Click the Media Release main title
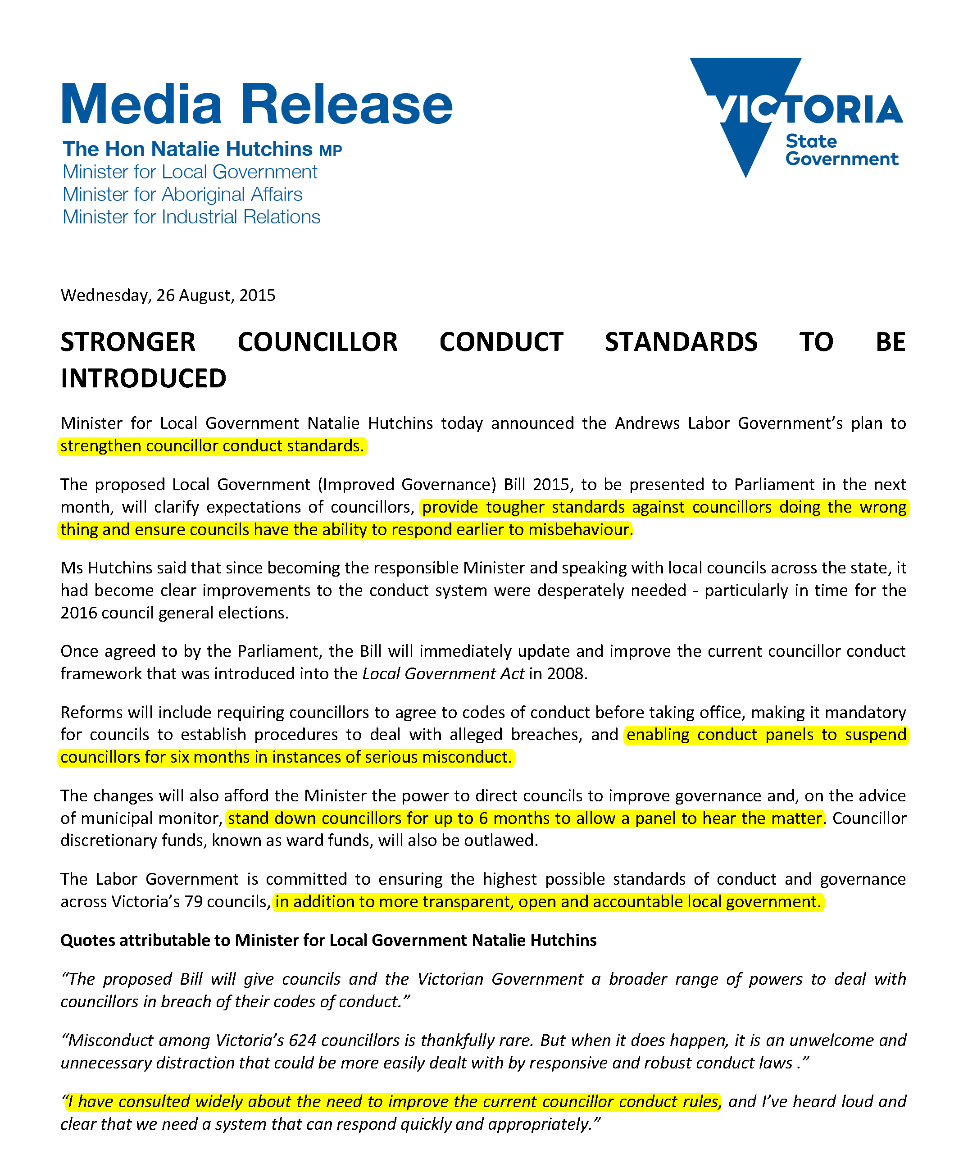(x=256, y=104)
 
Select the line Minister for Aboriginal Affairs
(x=182, y=194)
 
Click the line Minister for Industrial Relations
(x=191, y=217)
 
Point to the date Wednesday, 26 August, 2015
(x=168, y=295)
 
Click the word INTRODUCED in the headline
(x=143, y=379)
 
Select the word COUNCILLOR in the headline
(x=318, y=342)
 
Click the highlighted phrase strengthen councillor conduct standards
(x=212, y=446)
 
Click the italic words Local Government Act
(x=443, y=674)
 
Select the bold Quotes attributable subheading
(x=328, y=940)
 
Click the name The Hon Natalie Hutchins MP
(x=202, y=150)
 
